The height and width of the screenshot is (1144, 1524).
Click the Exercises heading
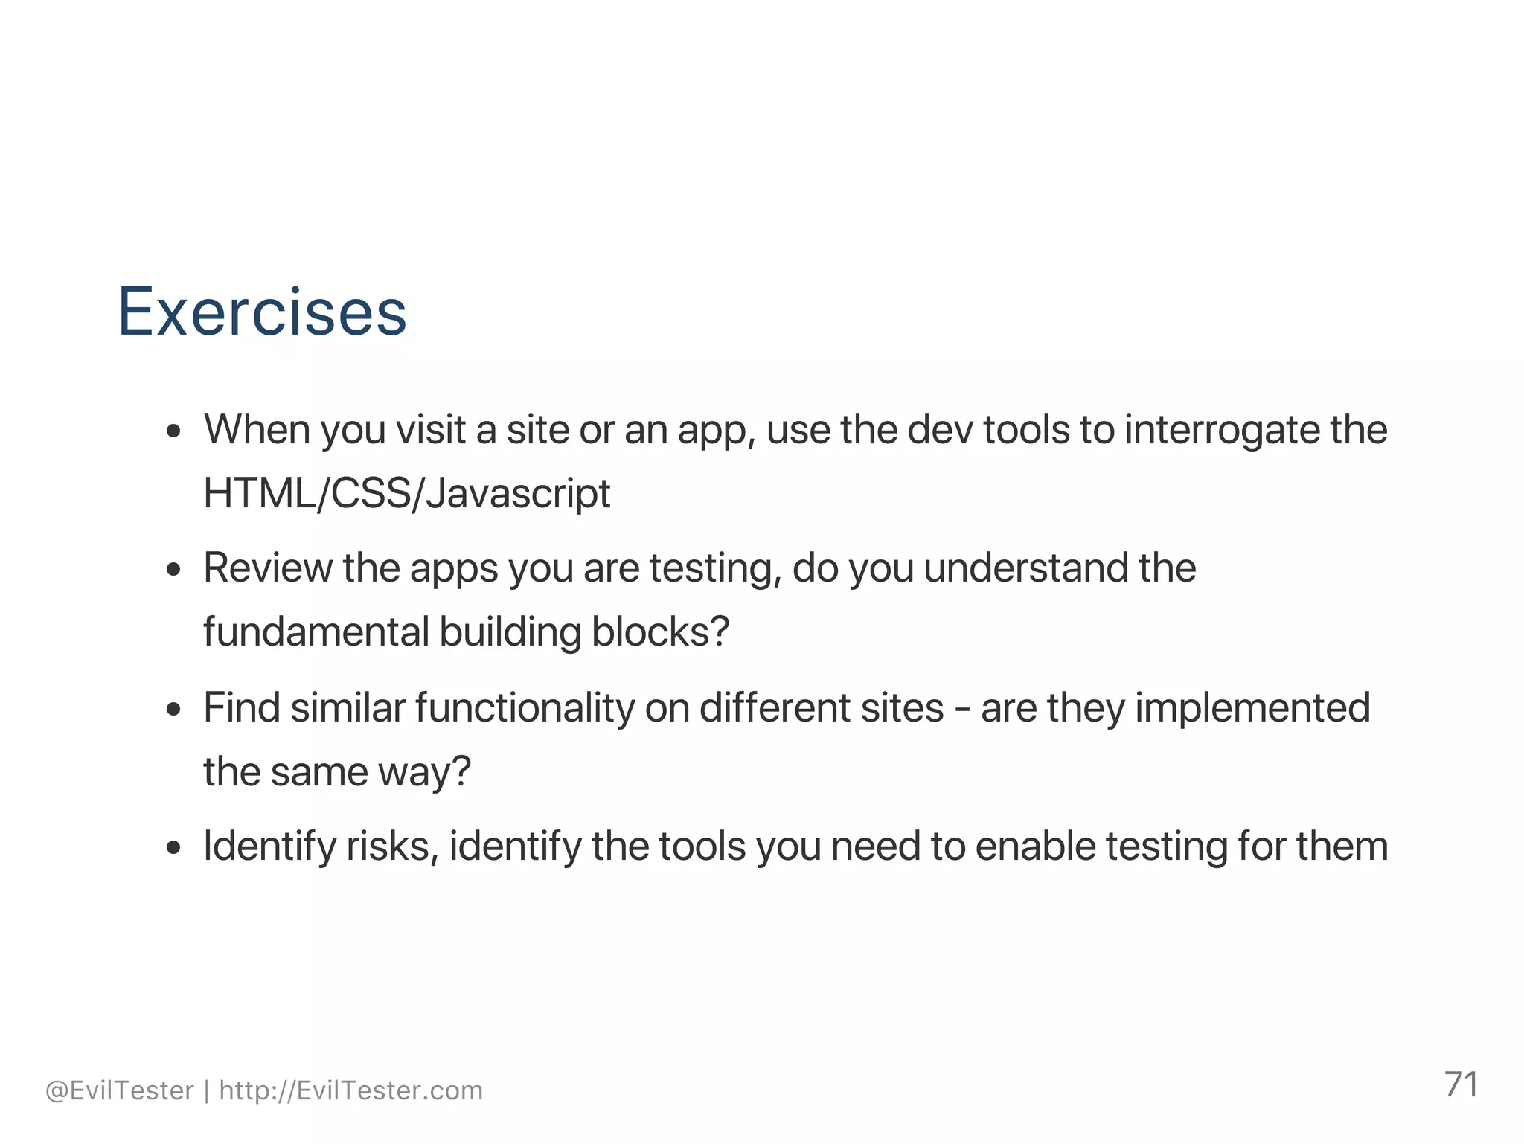pos(262,312)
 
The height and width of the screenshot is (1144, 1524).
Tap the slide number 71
pos(1461,1084)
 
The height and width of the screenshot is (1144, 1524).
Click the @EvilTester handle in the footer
pos(120,1090)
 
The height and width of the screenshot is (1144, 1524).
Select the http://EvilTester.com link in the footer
pos(350,1090)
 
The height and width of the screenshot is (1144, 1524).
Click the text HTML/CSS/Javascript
pos(406,493)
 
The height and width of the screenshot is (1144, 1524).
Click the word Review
pos(268,568)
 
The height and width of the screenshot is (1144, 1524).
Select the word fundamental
pos(316,632)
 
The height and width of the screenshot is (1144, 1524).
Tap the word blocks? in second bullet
pos(660,632)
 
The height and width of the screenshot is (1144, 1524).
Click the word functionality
pos(525,707)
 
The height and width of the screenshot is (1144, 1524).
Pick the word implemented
pos(1252,707)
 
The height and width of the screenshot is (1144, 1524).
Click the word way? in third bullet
pos(424,772)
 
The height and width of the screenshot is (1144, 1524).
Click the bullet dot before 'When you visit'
pos(174,431)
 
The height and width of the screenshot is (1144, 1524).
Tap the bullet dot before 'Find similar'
pos(174,709)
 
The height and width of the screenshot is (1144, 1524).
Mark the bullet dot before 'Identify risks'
pos(174,848)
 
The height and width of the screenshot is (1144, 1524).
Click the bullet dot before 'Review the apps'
pos(174,570)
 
